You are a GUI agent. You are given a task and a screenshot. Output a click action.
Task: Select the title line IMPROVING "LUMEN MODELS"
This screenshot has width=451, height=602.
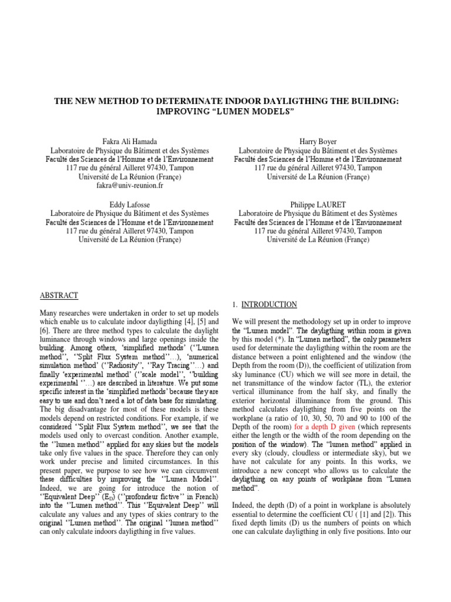[x=226, y=111]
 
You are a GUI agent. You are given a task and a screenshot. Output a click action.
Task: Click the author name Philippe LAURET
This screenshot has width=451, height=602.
[x=318, y=205]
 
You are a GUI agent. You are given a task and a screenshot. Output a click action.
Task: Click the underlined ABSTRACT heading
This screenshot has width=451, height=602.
[x=59, y=295]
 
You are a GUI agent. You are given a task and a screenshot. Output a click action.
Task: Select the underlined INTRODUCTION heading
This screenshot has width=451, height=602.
[x=270, y=305]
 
